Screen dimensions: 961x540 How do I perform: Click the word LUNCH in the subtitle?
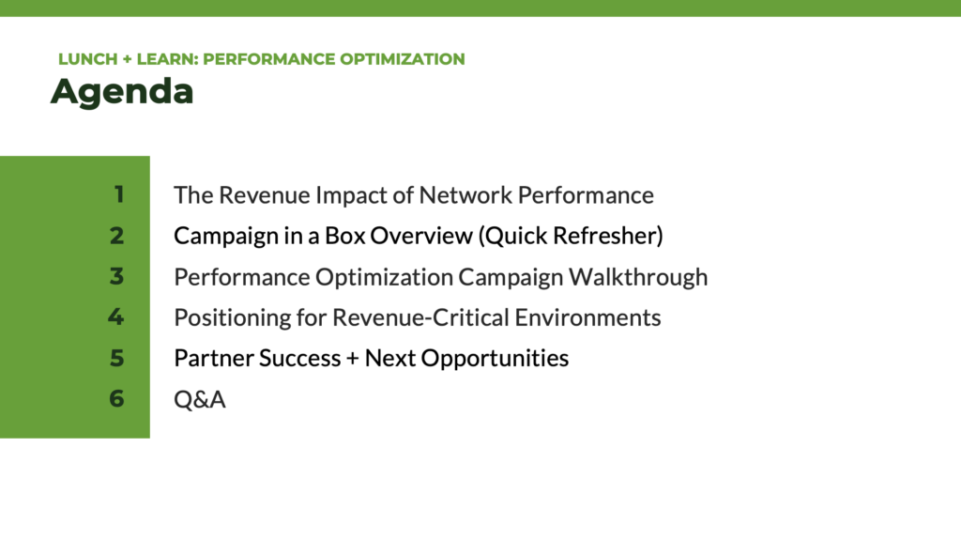coord(87,59)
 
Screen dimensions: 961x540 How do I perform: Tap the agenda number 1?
coord(119,194)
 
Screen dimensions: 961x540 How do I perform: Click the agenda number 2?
coord(117,236)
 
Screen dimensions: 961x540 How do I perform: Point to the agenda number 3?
coord(117,276)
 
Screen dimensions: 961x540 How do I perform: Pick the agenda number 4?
coord(116,316)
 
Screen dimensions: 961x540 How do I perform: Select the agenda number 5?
coord(117,358)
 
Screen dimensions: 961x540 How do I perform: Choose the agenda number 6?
coord(117,398)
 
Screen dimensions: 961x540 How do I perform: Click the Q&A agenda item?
coord(200,399)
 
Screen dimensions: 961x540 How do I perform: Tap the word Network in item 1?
coord(465,195)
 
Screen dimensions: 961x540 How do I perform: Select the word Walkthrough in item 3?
coord(638,277)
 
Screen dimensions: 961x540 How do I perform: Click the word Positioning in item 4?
coord(232,317)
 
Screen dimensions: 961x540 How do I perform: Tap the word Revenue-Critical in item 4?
coord(420,317)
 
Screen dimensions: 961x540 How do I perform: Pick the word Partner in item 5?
coord(212,359)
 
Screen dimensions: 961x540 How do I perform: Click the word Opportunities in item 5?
coord(495,359)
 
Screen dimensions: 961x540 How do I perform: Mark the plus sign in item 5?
coord(353,359)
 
